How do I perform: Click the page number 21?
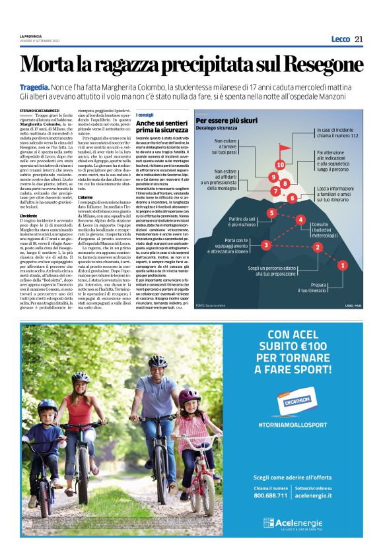click(x=359, y=39)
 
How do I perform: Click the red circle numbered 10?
click(x=280, y=164)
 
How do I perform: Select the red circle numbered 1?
click(x=342, y=265)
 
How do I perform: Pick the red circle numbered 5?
click(x=271, y=212)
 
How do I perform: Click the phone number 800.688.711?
click(x=270, y=495)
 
